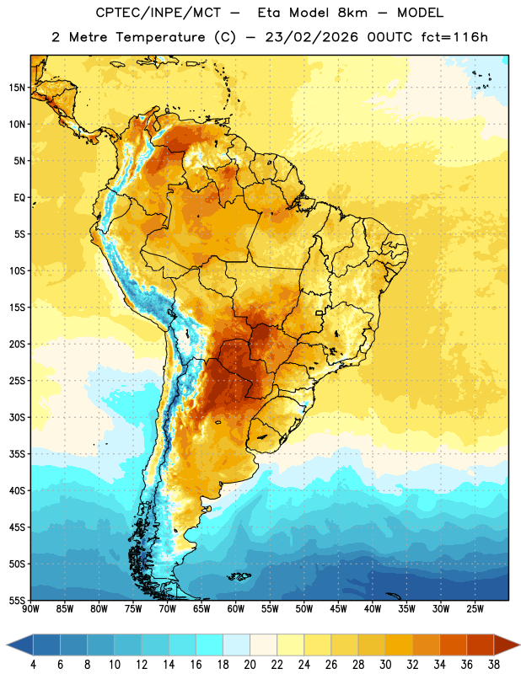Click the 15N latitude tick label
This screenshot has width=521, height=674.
pyautogui.click(x=17, y=88)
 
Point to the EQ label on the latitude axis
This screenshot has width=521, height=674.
pyautogui.click(x=19, y=198)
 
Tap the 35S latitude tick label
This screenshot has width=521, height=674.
pyautogui.click(x=17, y=454)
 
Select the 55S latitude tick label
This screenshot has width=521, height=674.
pyautogui.click(x=17, y=600)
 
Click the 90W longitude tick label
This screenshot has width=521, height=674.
pyautogui.click(x=30, y=609)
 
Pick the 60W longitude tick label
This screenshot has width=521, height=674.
pyautogui.click(x=236, y=609)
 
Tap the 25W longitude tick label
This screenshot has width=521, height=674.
pyautogui.click(x=475, y=609)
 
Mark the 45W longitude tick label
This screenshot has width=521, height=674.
pyautogui.click(x=338, y=609)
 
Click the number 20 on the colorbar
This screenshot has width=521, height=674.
pyautogui.click(x=250, y=665)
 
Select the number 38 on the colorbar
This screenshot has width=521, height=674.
pyautogui.click(x=494, y=665)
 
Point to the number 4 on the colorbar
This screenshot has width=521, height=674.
pyautogui.click(x=33, y=665)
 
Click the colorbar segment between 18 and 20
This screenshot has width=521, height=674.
pyautogui.click(x=237, y=645)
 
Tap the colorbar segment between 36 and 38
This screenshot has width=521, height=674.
pyautogui.click(x=481, y=645)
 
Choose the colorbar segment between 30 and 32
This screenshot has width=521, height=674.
pyautogui.click(x=399, y=645)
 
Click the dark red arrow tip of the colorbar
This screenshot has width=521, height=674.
pyautogui.click(x=519, y=645)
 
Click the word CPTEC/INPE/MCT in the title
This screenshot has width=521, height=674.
pyautogui.click(x=158, y=13)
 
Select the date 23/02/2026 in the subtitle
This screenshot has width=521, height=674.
pyautogui.click(x=311, y=37)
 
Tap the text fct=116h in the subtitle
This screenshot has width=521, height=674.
pyautogui.click(x=454, y=37)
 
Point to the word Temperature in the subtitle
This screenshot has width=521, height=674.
pyautogui.click(x=160, y=37)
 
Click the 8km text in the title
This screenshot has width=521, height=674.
pyautogui.click(x=352, y=13)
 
